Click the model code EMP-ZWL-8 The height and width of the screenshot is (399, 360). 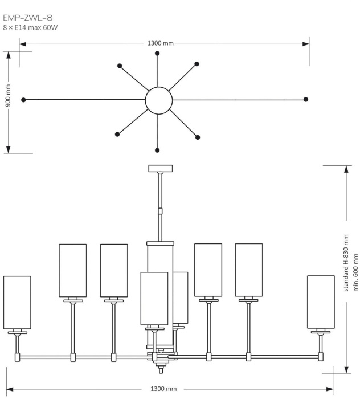(28, 18)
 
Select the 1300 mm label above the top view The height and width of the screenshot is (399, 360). (161, 43)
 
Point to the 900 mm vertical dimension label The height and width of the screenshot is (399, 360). (8, 100)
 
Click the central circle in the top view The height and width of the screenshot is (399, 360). (158, 100)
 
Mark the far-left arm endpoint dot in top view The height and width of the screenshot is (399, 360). (23, 100)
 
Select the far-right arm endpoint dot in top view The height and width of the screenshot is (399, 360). (306, 100)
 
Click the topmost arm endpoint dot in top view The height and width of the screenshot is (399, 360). (157, 53)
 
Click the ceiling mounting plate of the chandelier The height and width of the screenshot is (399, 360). (160, 168)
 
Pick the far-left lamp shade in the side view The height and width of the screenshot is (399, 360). (17, 303)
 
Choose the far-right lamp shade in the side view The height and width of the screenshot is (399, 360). (321, 302)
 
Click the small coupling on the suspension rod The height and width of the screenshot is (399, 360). (160, 210)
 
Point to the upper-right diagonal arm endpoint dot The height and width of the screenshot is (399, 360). (197, 64)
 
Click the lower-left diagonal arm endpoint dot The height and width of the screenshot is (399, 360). (117, 134)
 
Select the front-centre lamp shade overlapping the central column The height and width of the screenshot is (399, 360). (154, 298)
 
